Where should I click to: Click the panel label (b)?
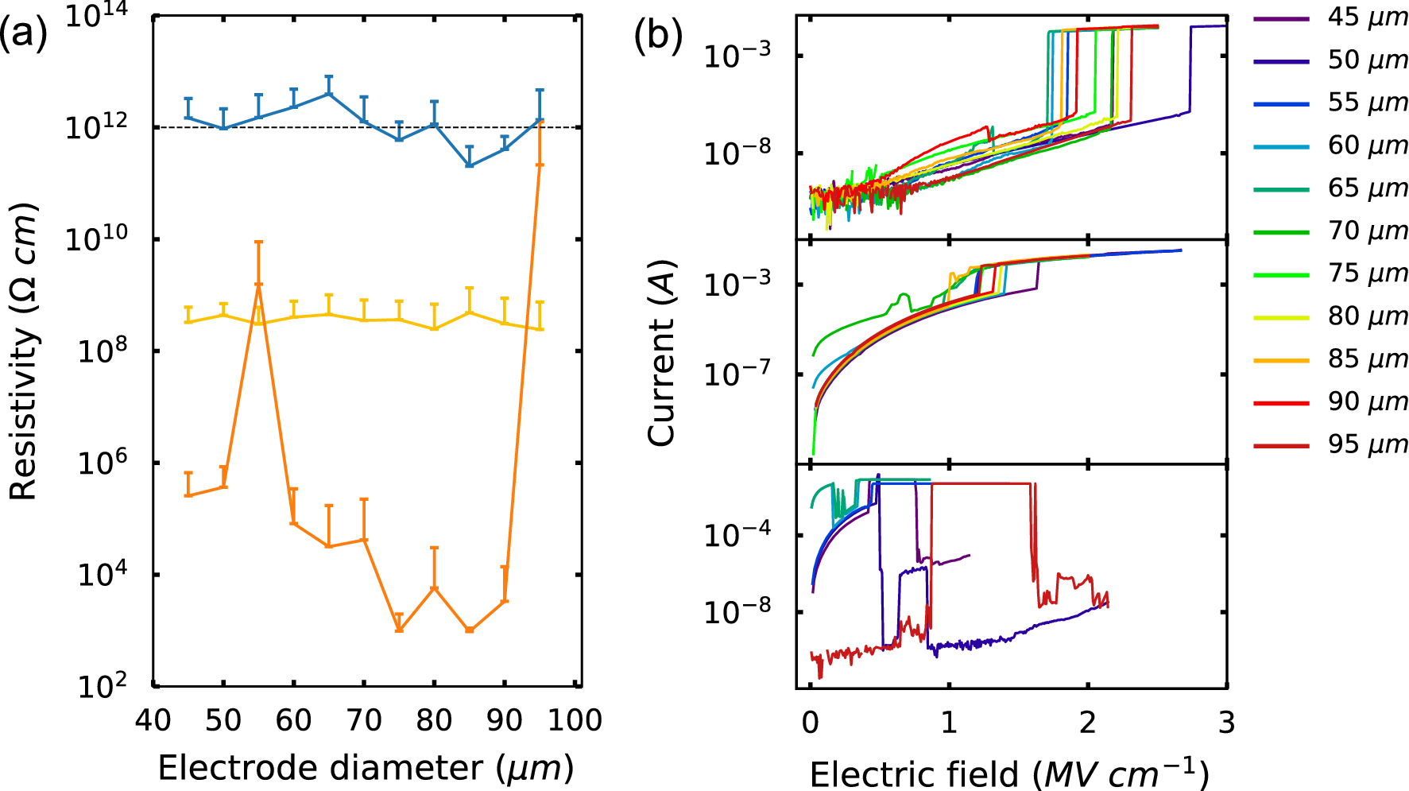tap(658, 36)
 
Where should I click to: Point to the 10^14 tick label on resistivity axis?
tap(99, 15)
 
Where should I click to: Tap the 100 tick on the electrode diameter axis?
tap(575, 720)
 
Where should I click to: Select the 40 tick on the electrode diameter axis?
tap(153, 720)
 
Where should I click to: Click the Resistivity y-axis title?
tap(24, 351)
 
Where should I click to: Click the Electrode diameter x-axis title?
tap(366, 768)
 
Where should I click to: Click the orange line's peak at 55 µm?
tap(258, 285)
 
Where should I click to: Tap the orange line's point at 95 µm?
tap(540, 121)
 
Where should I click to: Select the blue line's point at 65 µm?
tap(328, 94)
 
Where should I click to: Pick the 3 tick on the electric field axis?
tap(1226, 722)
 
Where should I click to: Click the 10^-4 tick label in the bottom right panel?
tap(737, 534)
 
